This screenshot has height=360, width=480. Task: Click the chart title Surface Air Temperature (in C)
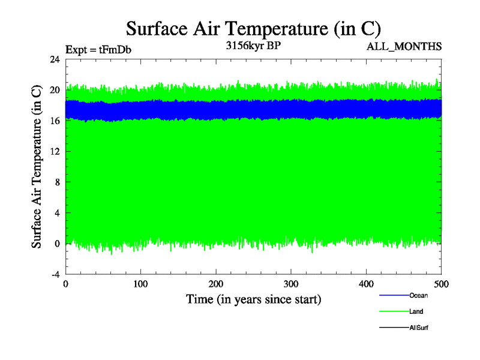click(x=253, y=28)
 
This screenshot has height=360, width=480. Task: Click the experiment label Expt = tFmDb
click(x=98, y=49)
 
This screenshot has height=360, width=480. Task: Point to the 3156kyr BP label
click(x=253, y=46)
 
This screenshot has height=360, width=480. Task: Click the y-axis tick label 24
click(x=55, y=59)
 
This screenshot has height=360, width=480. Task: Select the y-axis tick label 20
click(x=55, y=90)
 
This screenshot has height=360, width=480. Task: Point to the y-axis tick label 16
click(x=55, y=121)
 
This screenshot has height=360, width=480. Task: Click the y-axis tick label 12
click(x=55, y=151)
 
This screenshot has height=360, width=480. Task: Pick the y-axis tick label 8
click(x=57, y=182)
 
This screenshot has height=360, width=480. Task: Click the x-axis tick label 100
click(x=140, y=284)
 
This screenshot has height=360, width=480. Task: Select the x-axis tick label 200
click(x=216, y=284)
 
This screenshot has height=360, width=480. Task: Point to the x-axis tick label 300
click(x=291, y=284)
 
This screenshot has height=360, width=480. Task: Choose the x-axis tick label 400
click(x=366, y=284)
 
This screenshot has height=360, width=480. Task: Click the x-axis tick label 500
click(x=441, y=284)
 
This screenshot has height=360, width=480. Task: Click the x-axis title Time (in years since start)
click(x=253, y=299)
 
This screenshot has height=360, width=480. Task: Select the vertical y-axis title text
click(x=37, y=166)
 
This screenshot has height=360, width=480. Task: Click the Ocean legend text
click(x=418, y=295)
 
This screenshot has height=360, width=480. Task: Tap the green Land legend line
click(x=394, y=311)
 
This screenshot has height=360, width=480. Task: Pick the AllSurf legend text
click(x=418, y=328)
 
